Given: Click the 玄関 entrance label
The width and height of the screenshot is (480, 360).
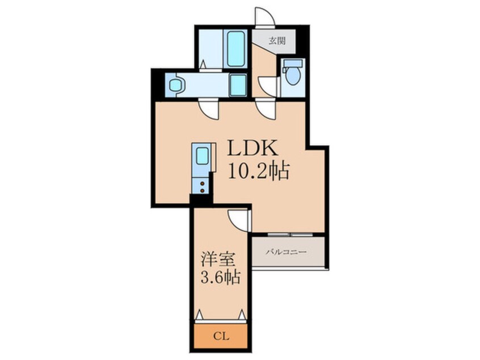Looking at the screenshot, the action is point(277,41).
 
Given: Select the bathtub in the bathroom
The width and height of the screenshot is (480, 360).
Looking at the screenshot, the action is point(235,48).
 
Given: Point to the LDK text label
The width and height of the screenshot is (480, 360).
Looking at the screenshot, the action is point(252,149).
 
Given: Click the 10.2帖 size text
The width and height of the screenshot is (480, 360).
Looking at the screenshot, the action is point(258,171).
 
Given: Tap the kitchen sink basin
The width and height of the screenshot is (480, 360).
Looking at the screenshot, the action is point(203,156).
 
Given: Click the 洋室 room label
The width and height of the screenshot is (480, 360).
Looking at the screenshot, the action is point(218,260).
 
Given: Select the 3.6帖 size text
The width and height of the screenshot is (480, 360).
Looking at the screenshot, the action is point(220,278).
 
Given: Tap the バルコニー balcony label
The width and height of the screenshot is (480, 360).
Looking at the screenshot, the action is point(285,252).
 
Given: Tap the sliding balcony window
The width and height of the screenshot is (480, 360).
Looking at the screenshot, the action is point(290,235).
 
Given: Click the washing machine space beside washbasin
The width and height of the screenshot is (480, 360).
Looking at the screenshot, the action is point(238,85).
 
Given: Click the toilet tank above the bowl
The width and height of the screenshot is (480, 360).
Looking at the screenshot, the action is point(293,63).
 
